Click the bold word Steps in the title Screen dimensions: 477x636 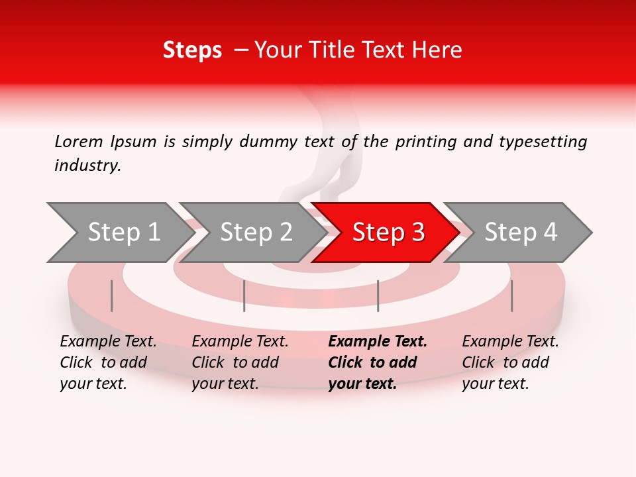(192, 50)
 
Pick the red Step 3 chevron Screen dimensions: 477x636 (388, 233)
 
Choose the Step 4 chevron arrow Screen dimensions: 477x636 (521, 233)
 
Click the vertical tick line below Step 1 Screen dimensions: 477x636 (112, 295)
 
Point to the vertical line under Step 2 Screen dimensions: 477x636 (244, 295)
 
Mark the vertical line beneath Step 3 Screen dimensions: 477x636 (378, 295)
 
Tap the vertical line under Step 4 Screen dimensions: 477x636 (511, 295)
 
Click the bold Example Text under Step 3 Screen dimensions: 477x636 (378, 342)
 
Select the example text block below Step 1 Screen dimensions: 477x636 (108, 362)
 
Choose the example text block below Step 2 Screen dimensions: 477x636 (240, 362)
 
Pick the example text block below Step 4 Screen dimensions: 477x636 (510, 362)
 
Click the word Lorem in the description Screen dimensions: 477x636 (79, 141)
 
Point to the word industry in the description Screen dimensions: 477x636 (87, 166)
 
